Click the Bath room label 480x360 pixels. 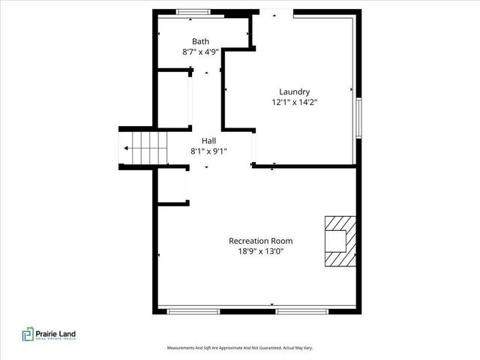pos(200,41)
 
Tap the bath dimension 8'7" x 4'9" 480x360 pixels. pos(200,52)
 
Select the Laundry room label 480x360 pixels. pos(294,92)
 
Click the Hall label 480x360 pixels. pos(208,140)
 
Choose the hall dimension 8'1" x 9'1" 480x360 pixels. pos(208,151)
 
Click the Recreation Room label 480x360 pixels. pos(260,241)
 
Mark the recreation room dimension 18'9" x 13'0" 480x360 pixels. pos(260,251)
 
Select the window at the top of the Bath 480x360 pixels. pos(193,11)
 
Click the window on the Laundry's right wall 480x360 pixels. pos(358,115)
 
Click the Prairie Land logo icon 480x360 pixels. pos(27,334)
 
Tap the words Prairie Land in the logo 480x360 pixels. pos(59,333)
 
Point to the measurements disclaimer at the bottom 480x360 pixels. pos(239,348)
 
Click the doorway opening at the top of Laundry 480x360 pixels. pos(276,12)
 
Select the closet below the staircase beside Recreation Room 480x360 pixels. pos(172,184)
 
